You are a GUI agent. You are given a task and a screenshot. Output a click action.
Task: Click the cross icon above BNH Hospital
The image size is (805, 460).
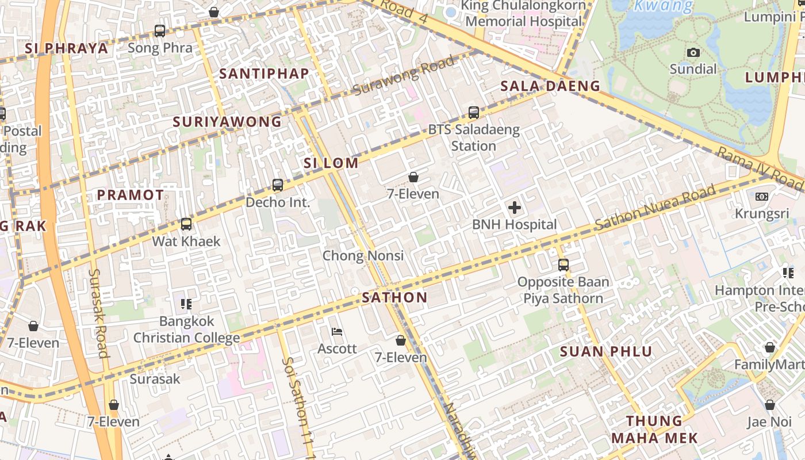(x=515, y=208)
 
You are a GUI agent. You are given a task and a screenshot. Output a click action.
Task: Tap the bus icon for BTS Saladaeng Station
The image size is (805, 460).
(x=474, y=113)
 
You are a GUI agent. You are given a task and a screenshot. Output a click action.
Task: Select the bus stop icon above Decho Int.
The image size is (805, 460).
(x=278, y=185)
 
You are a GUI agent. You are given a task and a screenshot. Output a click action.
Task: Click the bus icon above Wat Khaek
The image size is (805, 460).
(x=186, y=224)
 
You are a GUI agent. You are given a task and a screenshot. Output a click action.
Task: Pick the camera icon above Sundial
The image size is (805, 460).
(x=693, y=52)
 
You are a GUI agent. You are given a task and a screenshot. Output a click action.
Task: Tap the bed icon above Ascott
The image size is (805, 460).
(x=338, y=331)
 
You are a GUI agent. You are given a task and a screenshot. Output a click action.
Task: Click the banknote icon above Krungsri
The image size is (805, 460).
(x=762, y=197)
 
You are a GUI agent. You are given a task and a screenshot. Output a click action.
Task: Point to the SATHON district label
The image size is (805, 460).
(x=395, y=297)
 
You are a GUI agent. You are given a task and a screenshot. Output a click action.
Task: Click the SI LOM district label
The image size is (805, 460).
(x=331, y=163)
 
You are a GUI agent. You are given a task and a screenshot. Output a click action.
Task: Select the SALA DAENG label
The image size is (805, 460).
(x=550, y=86)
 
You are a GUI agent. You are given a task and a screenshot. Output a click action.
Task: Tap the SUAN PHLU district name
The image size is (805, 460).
(x=606, y=351)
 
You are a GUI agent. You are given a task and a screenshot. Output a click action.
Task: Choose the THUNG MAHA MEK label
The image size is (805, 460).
(x=654, y=430)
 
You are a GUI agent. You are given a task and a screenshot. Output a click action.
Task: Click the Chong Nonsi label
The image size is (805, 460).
(x=363, y=255)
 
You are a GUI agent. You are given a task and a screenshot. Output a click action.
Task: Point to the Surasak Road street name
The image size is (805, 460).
(x=99, y=313)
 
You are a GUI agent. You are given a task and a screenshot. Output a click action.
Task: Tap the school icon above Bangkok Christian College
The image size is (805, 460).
(x=186, y=304)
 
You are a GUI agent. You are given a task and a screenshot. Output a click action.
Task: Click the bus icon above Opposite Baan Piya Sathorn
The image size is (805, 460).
(x=563, y=265)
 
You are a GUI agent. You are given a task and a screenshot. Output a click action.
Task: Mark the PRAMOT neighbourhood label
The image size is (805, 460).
(x=131, y=195)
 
